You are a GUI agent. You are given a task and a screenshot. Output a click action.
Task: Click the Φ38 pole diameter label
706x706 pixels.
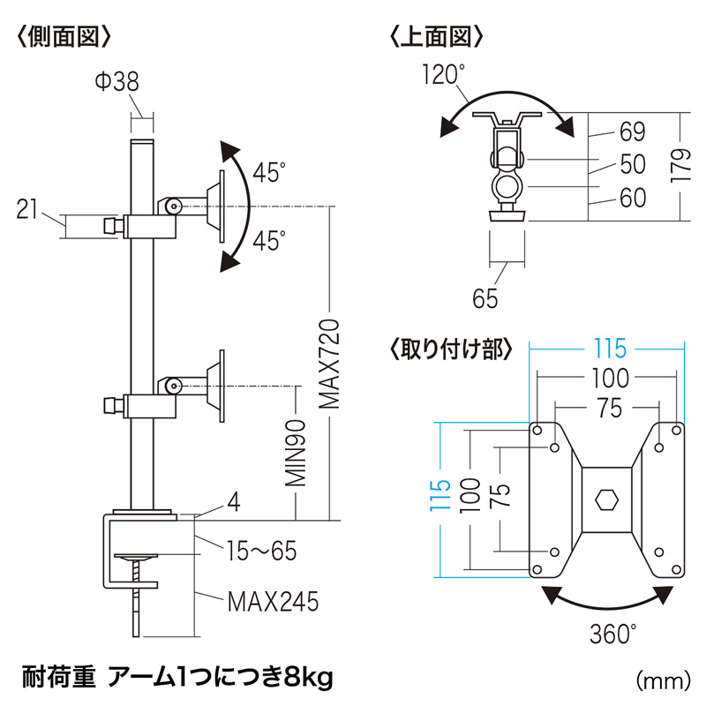click(x=116, y=82)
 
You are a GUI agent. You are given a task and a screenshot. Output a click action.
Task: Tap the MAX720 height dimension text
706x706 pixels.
click(x=329, y=364)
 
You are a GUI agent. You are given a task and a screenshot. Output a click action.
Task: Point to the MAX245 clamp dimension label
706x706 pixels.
click(x=272, y=603)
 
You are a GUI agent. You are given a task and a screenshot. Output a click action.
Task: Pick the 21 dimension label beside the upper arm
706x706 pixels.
click(x=29, y=209)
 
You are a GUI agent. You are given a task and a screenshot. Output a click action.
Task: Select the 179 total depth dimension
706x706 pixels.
click(x=680, y=165)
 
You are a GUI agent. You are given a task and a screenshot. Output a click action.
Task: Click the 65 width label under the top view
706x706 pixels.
click(x=485, y=298)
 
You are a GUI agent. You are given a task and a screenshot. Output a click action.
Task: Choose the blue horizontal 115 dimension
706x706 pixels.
click(x=606, y=348)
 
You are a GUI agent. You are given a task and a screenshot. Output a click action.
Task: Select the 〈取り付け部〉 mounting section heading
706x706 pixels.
click(x=450, y=348)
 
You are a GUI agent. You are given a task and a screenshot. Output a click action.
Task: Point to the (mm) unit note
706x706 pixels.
click(x=661, y=680)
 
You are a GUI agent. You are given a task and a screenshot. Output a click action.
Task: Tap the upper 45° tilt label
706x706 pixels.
click(x=269, y=172)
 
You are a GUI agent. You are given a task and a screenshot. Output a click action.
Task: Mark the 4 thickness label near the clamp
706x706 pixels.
click(x=233, y=502)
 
